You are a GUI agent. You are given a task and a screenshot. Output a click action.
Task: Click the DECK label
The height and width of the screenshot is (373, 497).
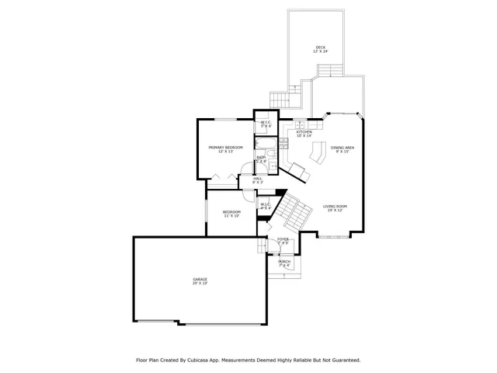320,47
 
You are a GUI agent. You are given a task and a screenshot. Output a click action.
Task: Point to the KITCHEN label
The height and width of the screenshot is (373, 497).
304,132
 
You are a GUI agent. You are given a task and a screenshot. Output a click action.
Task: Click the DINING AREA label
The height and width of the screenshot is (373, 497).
342,147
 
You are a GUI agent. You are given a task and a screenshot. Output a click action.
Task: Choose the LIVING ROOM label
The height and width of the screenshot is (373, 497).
335,206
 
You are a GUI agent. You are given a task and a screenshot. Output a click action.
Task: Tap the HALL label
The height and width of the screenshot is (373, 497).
257,179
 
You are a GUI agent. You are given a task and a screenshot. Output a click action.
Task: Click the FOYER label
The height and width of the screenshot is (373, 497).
283,239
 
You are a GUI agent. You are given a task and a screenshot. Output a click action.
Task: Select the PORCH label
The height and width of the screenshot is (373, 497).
284,261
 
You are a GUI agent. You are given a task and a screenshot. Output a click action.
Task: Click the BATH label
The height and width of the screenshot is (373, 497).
262,158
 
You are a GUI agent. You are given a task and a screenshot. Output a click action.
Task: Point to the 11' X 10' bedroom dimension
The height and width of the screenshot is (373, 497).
231,216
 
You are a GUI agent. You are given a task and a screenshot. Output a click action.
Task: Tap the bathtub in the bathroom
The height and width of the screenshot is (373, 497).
266,143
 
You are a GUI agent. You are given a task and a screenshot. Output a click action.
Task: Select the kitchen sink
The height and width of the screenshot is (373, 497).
301,124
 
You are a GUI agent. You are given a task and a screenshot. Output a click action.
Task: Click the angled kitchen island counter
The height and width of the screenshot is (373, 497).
318,153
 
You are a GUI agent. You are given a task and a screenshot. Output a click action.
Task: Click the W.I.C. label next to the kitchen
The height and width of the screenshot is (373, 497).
266,122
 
